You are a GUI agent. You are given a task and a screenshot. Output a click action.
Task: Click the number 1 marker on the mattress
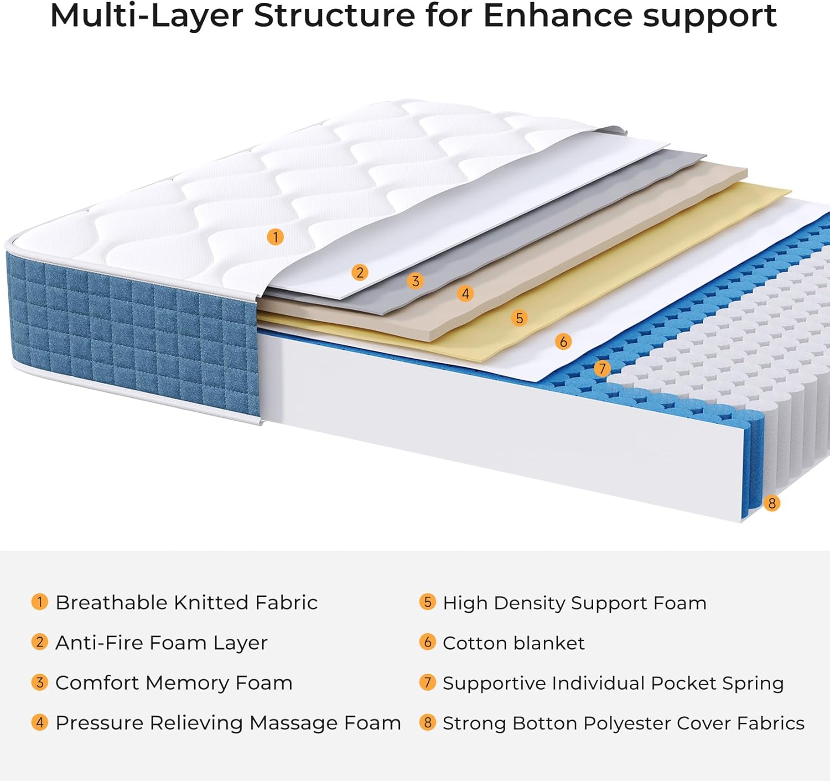pyautogui.click(x=275, y=237)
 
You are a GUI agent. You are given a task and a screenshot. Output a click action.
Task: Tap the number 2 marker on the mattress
pyautogui.click(x=360, y=272)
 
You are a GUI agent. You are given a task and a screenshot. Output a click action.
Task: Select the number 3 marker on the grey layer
pyautogui.click(x=415, y=281)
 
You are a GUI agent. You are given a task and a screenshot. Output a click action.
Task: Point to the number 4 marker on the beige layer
pyautogui.click(x=465, y=293)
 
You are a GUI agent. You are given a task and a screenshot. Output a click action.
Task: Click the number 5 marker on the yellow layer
pyautogui.click(x=519, y=318)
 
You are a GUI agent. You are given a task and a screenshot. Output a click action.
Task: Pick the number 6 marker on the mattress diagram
pyautogui.click(x=563, y=342)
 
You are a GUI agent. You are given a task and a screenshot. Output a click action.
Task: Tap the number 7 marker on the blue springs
pyautogui.click(x=602, y=368)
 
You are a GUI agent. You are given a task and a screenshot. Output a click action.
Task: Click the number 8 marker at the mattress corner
pyautogui.click(x=771, y=503)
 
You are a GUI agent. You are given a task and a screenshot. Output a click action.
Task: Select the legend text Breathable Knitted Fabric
pyautogui.click(x=186, y=602)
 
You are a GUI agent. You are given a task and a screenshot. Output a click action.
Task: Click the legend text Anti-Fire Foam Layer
pyautogui.click(x=161, y=643)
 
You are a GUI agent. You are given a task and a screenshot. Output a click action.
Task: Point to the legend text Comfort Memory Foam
pyautogui.click(x=174, y=682)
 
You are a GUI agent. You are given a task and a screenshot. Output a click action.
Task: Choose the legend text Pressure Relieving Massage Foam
pyautogui.click(x=228, y=723)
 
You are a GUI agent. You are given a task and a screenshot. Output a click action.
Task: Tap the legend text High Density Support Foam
pyautogui.click(x=574, y=603)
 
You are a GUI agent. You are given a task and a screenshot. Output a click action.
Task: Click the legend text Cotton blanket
pyautogui.click(x=513, y=643)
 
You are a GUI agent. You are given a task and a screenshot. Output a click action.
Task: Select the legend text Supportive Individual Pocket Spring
pyautogui.click(x=613, y=683)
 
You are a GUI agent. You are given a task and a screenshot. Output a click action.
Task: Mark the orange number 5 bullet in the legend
pyautogui.click(x=427, y=602)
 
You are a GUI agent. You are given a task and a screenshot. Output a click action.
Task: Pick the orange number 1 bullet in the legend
pyautogui.click(x=39, y=602)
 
